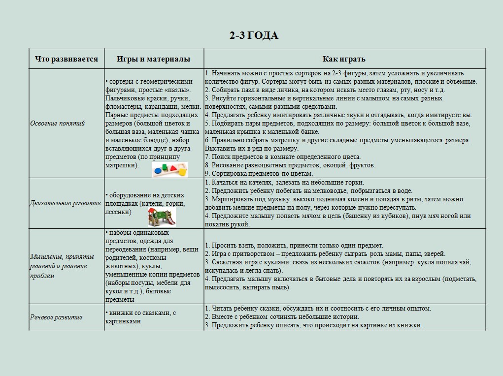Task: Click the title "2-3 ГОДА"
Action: point(254,35)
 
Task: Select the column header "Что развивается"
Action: point(67,59)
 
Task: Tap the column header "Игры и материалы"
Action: point(153,59)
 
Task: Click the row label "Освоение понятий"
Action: point(58,123)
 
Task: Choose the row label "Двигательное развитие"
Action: point(66,203)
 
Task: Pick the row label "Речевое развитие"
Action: point(56,317)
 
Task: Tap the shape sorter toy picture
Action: point(170,169)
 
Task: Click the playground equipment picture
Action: point(162,216)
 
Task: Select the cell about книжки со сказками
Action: point(141,317)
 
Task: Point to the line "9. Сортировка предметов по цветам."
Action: point(259,174)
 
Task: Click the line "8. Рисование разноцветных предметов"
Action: point(290,165)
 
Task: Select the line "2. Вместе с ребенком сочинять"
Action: point(282,317)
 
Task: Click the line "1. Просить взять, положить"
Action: point(294,245)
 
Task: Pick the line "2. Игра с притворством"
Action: point(325,254)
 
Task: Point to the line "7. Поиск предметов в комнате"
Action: point(283,157)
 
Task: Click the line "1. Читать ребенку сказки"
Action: point(318,309)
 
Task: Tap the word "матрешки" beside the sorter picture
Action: point(120,165)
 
